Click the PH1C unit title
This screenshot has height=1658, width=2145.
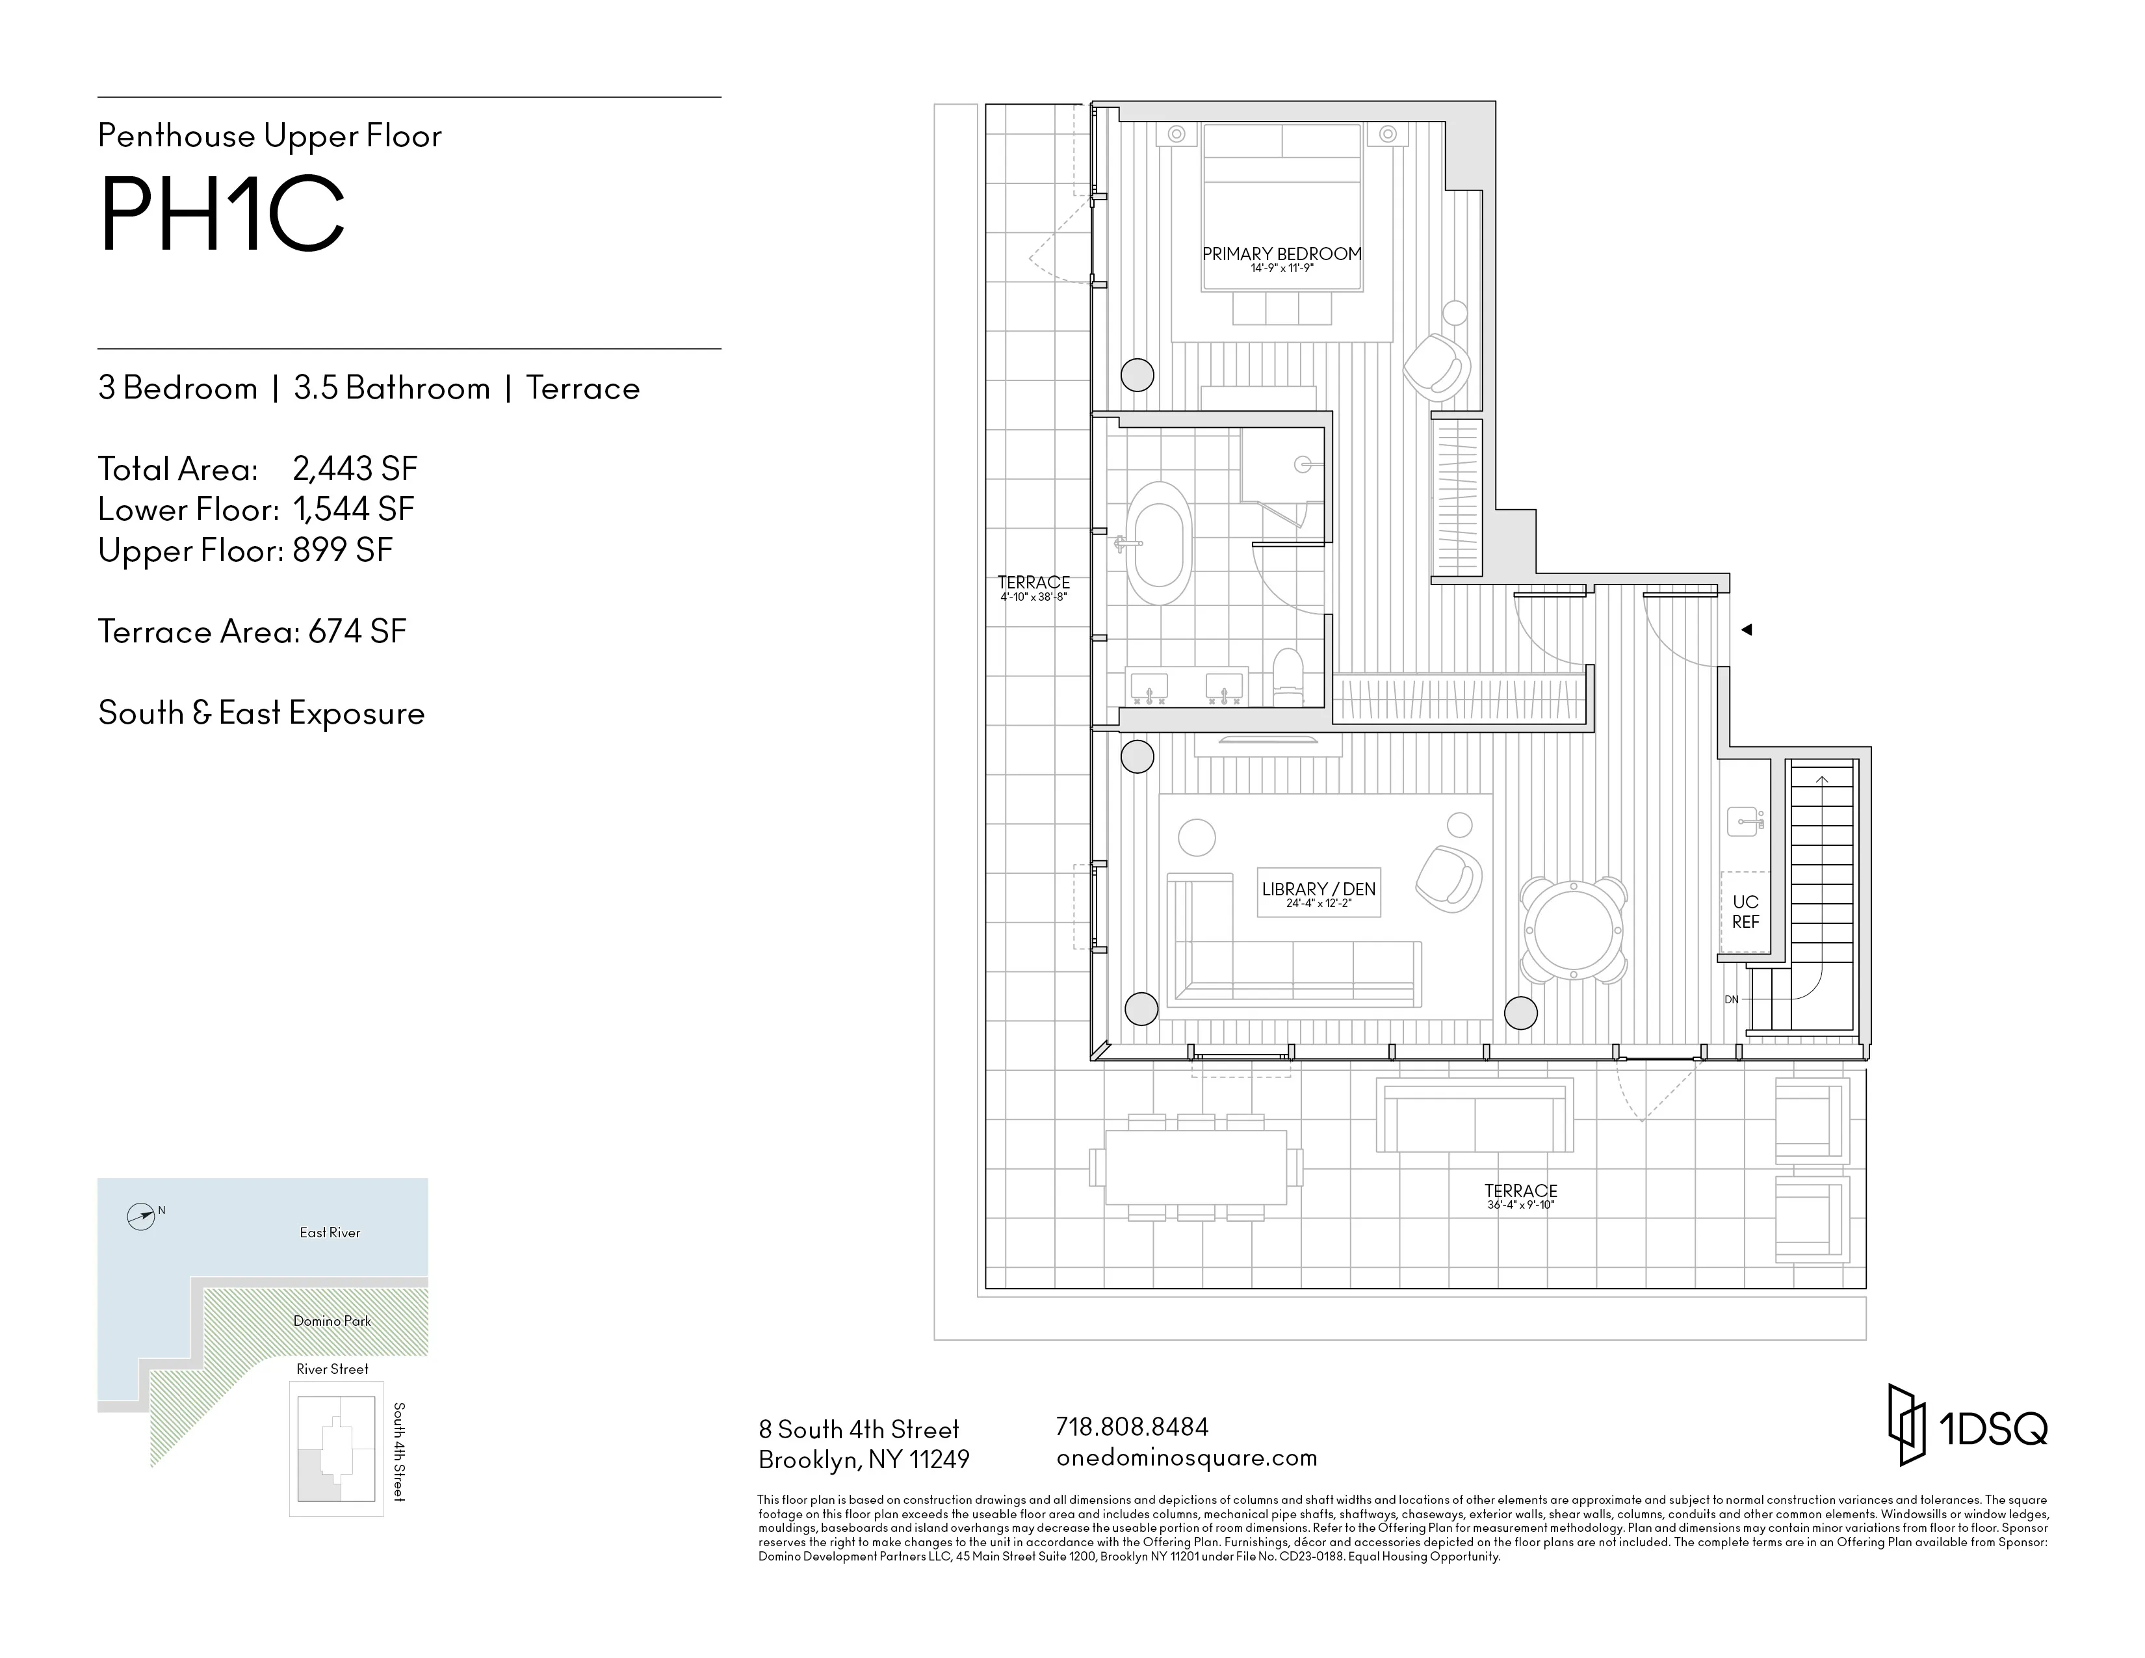[222, 215]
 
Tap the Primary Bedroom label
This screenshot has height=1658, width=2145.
[1282, 254]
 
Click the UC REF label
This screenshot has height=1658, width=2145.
[1745, 912]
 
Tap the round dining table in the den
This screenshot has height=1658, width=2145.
[1574, 929]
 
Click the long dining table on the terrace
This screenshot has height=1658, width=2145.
[1195, 1168]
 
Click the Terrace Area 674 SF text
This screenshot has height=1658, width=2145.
[252, 631]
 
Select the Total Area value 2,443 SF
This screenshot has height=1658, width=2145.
[354, 469]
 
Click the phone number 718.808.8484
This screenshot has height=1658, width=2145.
[1132, 1426]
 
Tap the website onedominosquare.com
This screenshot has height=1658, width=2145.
[1186, 1458]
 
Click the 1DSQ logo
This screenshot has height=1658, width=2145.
[1968, 1426]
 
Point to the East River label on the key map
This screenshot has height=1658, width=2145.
[330, 1233]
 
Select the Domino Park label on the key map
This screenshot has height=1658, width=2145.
[332, 1321]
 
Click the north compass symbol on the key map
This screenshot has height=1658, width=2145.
[142, 1217]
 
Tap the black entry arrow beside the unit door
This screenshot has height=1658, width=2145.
[1747, 629]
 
